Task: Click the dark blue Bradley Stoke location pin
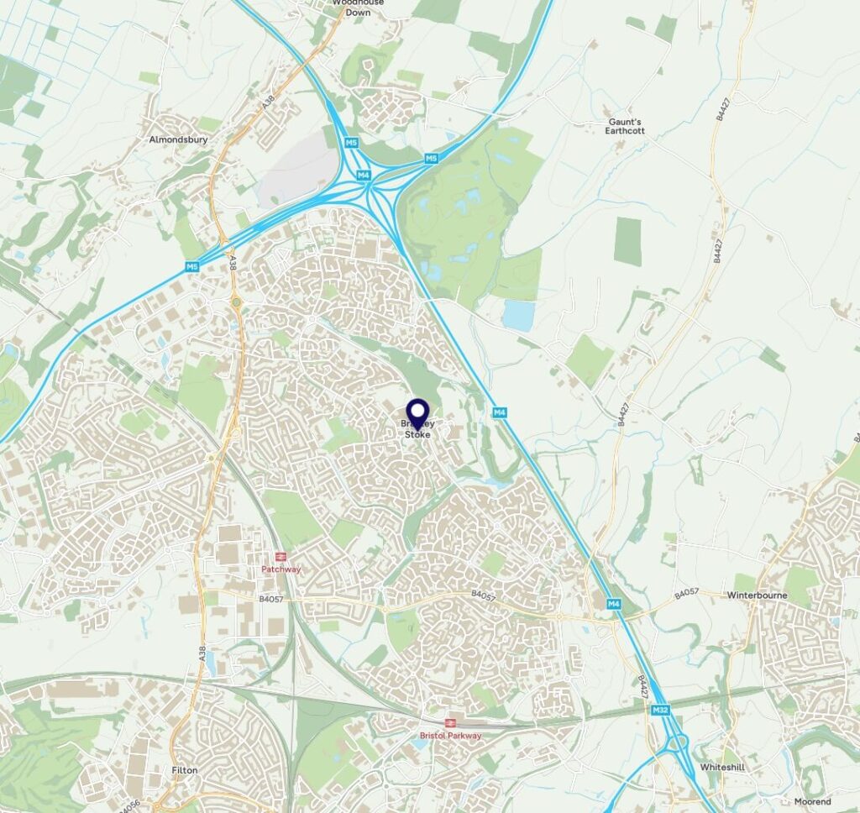coord(417,412)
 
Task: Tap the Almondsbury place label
coord(178,139)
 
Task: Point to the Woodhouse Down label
coord(357,7)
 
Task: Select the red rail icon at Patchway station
coord(281,556)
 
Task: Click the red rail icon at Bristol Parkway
coord(450,722)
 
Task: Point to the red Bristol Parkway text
coord(451,736)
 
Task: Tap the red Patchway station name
coord(281,569)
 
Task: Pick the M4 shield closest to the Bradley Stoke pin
coord(499,412)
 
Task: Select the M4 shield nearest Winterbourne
coord(614,604)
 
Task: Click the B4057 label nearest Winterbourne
coord(687,595)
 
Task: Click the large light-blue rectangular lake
coord(519,316)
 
